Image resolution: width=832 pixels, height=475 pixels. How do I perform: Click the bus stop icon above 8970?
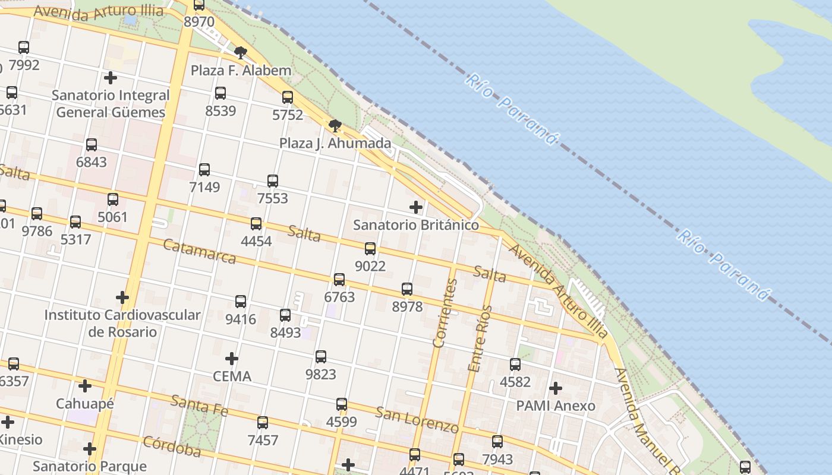click(x=199, y=5)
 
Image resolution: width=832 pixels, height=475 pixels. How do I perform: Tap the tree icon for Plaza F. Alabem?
click(x=240, y=53)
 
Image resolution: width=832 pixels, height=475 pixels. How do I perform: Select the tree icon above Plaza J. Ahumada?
click(x=335, y=125)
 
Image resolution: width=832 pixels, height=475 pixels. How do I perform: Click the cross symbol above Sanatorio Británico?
click(x=416, y=207)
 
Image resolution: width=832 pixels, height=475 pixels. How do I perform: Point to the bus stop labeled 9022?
click(x=370, y=249)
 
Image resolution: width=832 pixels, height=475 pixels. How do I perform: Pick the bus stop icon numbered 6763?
click(x=339, y=279)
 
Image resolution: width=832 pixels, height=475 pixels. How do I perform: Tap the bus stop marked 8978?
click(x=407, y=289)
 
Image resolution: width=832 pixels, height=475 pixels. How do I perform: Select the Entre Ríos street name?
click(x=480, y=338)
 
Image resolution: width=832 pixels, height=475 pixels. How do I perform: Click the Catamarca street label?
click(x=199, y=251)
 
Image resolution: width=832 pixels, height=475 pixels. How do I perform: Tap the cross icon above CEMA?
click(x=232, y=359)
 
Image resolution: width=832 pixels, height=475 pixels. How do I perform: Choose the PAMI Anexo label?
click(x=555, y=406)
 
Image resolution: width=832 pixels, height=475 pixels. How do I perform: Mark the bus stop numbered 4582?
click(x=515, y=365)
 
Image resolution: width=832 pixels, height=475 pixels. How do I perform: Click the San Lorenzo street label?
click(x=417, y=420)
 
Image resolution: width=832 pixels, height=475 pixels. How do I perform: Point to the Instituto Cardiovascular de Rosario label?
click(x=122, y=323)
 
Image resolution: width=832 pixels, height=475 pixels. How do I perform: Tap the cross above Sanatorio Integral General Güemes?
click(x=110, y=78)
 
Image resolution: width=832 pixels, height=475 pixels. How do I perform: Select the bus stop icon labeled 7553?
click(x=273, y=181)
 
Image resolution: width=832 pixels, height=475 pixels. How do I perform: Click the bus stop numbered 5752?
click(x=288, y=97)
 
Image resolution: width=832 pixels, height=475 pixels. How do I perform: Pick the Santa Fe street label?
click(x=198, y=404)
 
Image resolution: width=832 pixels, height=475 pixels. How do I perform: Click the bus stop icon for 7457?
click(x=263, y=423)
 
